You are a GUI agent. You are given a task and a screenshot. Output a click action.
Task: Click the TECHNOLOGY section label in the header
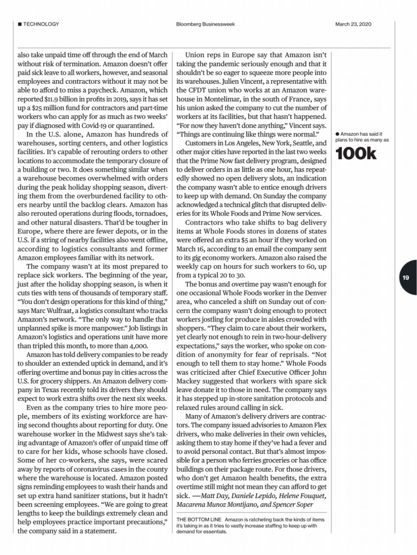click(x=41, y=24)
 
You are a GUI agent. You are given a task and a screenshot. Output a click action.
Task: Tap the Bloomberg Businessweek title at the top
click(x=205, y=24)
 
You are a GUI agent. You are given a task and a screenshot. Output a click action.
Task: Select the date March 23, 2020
click(x=353, y=24)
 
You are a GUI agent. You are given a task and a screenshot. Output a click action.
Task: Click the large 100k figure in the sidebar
click(x=356, y=154)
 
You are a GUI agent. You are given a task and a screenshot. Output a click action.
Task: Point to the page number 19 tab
click(x=406, y=277)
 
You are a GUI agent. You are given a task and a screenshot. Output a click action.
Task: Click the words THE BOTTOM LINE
click(x=199, y=520)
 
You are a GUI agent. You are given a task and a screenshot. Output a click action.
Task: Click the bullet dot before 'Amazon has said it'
click(x=337, y=134)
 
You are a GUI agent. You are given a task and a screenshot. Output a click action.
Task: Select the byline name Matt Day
click(x=215, y=496)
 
